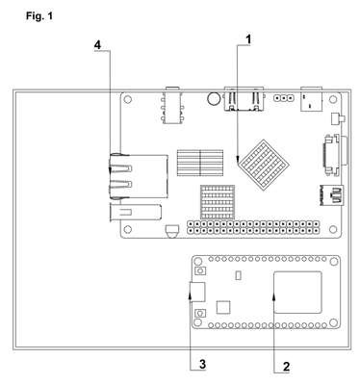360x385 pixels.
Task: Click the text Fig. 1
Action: tap(39, 15)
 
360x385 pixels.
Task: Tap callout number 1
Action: tap(248, 39)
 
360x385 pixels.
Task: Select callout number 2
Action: tap(286, 367)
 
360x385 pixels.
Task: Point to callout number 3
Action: tap(203, 365)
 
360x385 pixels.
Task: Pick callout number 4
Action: tap(97, 45)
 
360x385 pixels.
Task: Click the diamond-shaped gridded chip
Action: tap(265, 165)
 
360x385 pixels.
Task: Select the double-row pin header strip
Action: tap(253, 227)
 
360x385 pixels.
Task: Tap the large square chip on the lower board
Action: tap(297, 292)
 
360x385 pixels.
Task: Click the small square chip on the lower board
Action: tap(223, 307)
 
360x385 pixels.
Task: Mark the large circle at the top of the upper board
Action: tap(214, 98)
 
